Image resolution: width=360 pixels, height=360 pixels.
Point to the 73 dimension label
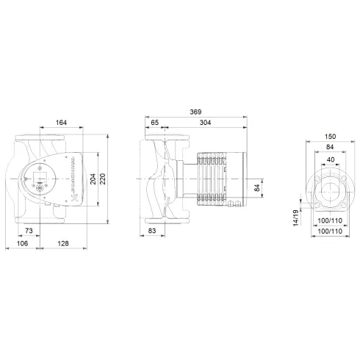coord(48,231)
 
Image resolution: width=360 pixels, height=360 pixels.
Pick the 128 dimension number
coord(65,243)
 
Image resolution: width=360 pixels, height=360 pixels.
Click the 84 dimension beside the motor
coord(256,189)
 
